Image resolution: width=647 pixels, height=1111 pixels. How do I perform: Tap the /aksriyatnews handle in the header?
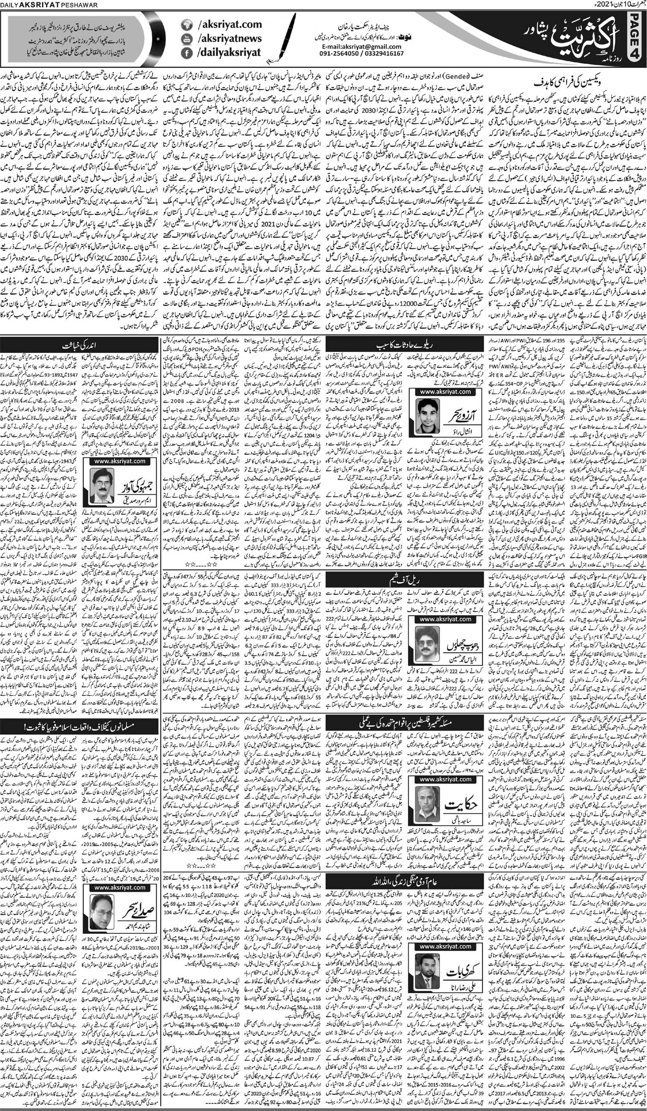(229, 39)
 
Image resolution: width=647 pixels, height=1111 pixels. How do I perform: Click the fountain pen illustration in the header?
(290, 40)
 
